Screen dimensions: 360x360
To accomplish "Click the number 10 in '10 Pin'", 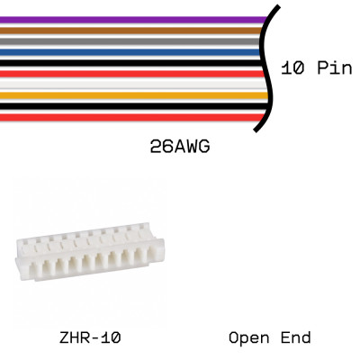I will coord(291,68).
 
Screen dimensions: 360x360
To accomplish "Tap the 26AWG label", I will coord(180,146).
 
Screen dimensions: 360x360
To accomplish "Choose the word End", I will coord(294,338).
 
